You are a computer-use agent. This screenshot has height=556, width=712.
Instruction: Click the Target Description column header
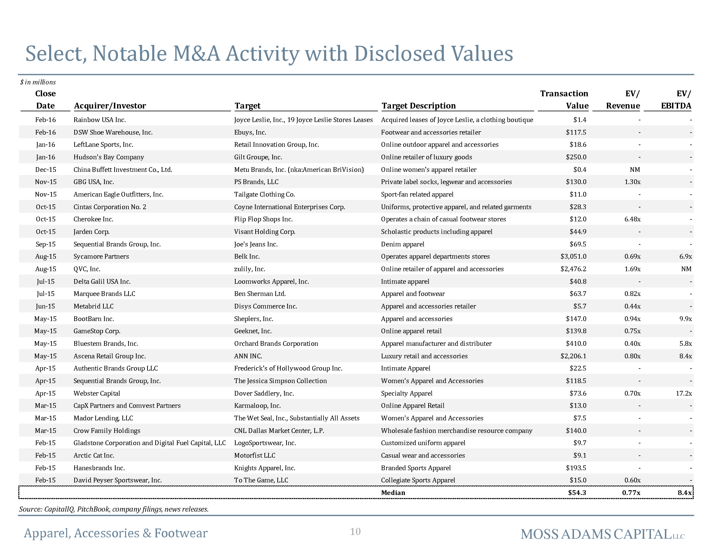[x=419, y=106]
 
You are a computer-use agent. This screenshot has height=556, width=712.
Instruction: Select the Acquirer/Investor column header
[x=110, y=106]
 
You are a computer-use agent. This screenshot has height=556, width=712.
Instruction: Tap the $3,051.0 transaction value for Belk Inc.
[x=573, y=257]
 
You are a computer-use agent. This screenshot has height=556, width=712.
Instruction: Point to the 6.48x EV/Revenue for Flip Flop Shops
[x=632, y=219]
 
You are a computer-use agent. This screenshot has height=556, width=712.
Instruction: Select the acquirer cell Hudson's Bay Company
[x=109, y=157]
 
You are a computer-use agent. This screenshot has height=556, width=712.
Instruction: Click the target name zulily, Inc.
[x=250, y=269]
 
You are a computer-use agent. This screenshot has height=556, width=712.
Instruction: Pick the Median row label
[x=393, y=493]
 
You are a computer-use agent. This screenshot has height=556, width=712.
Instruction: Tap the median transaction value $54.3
[x=577, y=493]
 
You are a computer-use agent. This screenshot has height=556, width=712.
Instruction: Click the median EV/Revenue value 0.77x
[x=631, y=493]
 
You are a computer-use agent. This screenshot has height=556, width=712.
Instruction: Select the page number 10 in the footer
[x=355, y=532]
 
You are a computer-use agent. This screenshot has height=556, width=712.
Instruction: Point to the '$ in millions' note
[x=38, y=82]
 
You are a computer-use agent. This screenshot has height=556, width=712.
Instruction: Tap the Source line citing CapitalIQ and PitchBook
[x=114, y=509]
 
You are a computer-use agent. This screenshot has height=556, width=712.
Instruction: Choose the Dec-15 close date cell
[x=46, y=170]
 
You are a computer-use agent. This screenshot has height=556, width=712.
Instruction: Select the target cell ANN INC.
[x=248, y=356]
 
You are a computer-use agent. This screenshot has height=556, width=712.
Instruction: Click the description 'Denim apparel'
[x=403, y=244]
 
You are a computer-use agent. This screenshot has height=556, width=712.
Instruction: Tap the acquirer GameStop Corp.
[x=97, y=331]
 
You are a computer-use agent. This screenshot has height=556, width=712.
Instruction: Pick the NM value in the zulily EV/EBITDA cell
[x=687, y=269]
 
